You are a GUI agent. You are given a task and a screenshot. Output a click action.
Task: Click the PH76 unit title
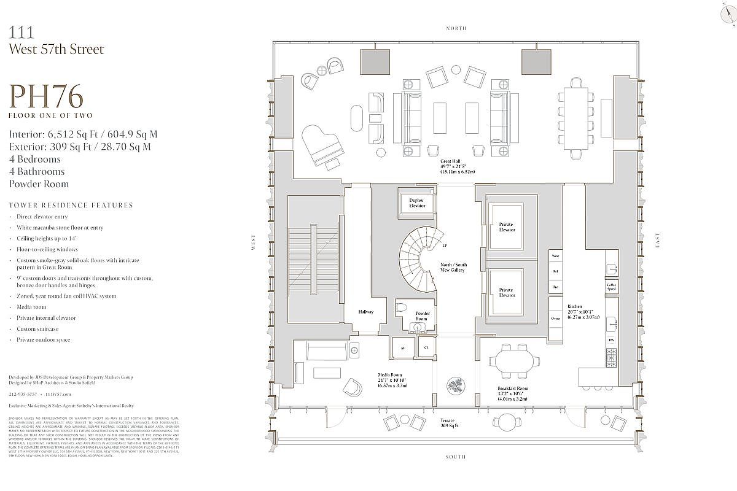(x=46, y=97)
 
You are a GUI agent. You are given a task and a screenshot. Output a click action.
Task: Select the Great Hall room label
(x=454, y=166)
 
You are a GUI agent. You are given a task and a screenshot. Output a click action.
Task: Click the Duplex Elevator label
(x=417, y=203)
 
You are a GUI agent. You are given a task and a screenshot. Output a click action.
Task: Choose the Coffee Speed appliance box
(x=612, y=287)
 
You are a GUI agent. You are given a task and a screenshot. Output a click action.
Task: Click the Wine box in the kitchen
(x=555, y=255)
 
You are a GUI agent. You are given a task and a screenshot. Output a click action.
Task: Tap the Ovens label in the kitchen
(x=555, y=319)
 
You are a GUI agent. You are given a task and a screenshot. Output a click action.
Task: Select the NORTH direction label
(x=456, y=28)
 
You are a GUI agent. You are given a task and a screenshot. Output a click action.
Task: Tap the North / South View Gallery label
(x=453, y=268)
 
